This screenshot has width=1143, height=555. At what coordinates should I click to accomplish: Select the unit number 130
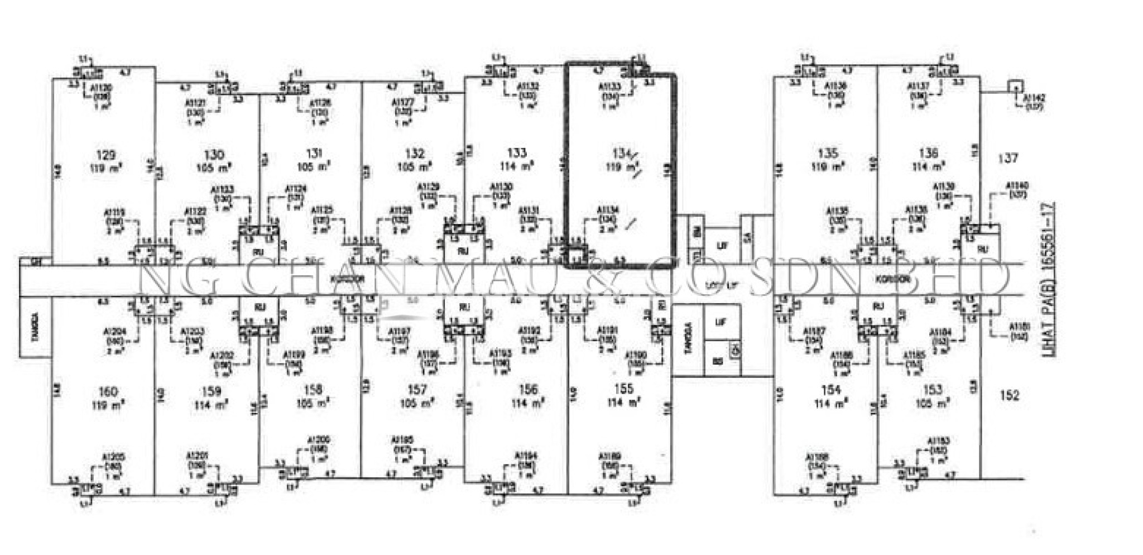click(x=214, y=155)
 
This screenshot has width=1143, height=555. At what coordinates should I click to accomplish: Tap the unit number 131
click(x=314, y=154)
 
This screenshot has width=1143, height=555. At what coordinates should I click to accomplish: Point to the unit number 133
click(x=517, y=154)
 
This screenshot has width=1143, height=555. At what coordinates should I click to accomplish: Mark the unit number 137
click(x=1009, y=159)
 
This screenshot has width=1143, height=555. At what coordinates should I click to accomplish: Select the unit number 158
click(x=315, y=390)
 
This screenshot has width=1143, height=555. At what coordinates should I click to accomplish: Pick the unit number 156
click(x=527, y=390)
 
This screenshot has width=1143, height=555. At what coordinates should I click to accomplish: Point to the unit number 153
click(x=933, y=390)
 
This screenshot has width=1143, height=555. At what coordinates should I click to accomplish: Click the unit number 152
click(x=1010, y=396)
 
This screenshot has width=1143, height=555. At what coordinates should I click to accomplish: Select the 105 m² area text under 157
click(x=415, y=403)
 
